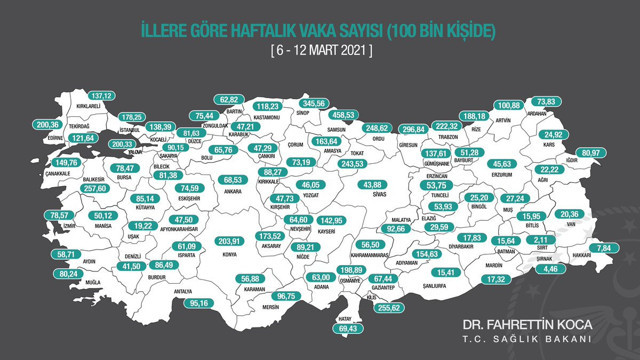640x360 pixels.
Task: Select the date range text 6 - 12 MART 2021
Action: pyautogui.click(x=319, y=48)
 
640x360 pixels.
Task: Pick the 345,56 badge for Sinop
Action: pyautogui.click(x=316, y=103)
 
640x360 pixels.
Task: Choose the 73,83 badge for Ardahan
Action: pyautogui.click(x=545, y=102)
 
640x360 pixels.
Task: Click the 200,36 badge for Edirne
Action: pyautogui.click(x=48, y=125)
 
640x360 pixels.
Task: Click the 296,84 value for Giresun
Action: pyautogui.click(x=413, y=130)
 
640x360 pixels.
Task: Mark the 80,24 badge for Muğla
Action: pyautogui.click(x=69, y=274)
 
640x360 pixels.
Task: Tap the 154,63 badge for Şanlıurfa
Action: pyautogui.click(x=427, y=255)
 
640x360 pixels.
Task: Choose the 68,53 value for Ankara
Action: pyautogui.click(x=232, y=180)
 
